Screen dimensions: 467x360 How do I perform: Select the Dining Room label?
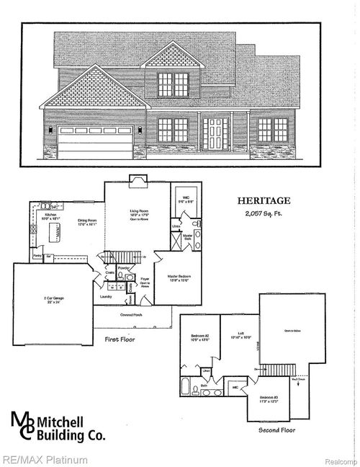coord(88,221)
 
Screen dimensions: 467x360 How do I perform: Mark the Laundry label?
coord(106,295)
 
